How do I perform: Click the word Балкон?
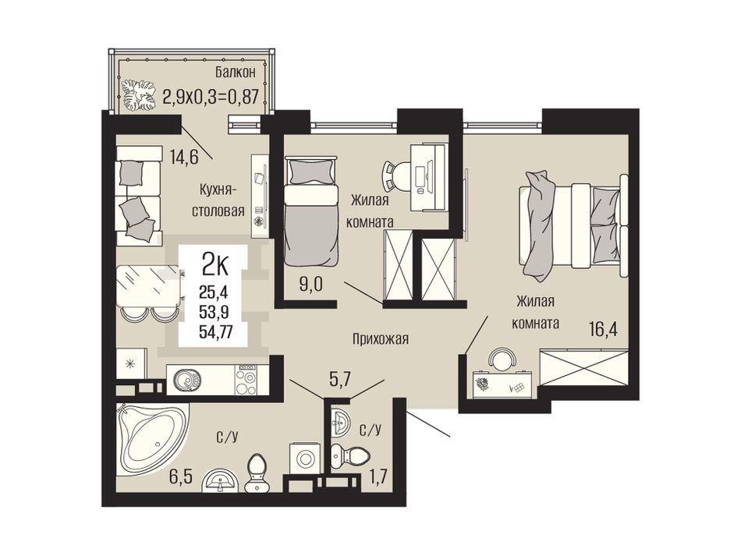pos(236,73)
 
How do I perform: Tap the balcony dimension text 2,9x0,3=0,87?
pos(211,97)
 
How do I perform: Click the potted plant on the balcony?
pos(139,94)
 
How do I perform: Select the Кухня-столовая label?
pos(218,200)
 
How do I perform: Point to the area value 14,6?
pos(184,156)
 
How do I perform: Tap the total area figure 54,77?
pos(215,333)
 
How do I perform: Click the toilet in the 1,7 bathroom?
pos(349,455)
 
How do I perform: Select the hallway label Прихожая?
pos(380,338)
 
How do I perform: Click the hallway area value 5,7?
pos(342,379)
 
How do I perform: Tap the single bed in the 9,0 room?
pos(312,213)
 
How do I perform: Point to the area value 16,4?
pos(603,329)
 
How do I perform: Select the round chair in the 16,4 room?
pos(502,359)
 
